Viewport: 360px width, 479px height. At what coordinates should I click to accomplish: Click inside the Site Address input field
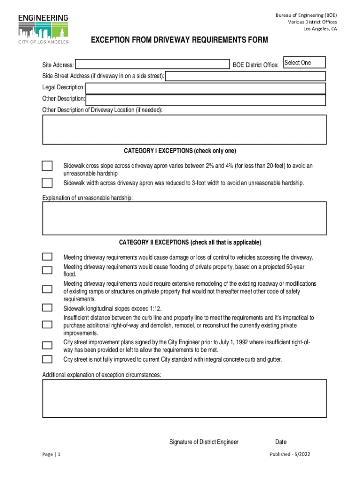pos(152,65)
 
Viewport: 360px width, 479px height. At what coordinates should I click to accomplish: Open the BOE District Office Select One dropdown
pos(304,63)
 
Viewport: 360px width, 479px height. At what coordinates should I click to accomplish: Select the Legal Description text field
pos(205,88)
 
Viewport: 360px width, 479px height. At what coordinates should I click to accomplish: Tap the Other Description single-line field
pos(206,100)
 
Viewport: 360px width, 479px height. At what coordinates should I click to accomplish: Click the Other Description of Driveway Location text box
pos(184,130)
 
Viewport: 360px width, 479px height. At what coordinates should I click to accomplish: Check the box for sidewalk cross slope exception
pos(47,166)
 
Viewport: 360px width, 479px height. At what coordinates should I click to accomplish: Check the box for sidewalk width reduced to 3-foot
pos(47,182)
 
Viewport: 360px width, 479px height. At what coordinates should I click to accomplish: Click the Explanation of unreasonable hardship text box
pos(184,218)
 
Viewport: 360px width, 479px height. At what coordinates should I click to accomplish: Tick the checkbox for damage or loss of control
pos(47,257)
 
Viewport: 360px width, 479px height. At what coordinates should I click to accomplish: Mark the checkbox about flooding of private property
pos(47,270)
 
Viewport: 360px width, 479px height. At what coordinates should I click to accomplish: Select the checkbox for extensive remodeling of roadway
pos(47,289)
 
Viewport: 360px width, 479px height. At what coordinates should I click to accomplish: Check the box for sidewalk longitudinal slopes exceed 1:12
pos(47,307)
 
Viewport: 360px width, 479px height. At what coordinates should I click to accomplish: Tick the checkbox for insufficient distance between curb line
pos(47,325)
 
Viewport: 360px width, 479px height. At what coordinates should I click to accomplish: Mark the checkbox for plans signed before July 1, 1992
pos(47,346)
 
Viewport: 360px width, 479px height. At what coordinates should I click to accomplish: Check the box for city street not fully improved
pos(47,359)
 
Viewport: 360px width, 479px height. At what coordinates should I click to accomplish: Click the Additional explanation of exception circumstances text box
pos(184,398)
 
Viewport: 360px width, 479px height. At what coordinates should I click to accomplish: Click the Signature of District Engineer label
pos(204,442)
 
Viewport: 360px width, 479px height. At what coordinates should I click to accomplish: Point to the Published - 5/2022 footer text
pos(290,454)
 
